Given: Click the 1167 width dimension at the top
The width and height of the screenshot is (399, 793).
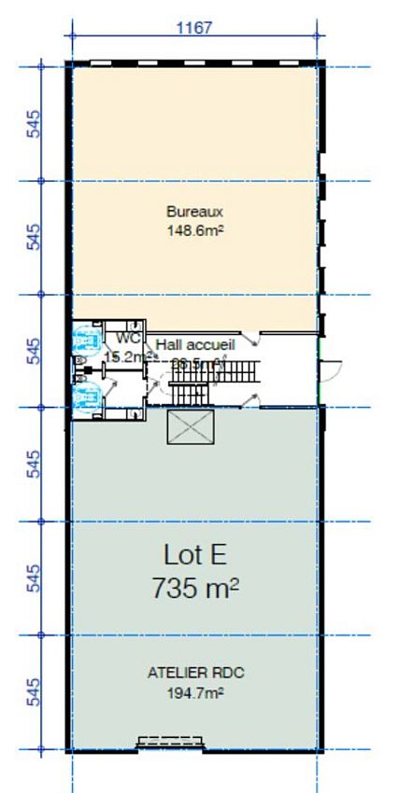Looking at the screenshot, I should pyautogui.click(x=194, y=28).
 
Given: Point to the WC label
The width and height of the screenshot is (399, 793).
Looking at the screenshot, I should pyautogui.click(x=128, y=338).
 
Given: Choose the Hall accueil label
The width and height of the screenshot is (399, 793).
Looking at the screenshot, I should pyautogui.click(x=189, y=344).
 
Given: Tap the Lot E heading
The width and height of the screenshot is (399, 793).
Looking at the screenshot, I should pyautogui.click(x=194, y=556).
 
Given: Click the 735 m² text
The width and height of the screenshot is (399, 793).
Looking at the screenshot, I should pyautogui.click(x=194, y=589).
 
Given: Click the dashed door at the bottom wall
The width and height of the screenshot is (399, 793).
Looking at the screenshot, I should pyautogui.click(x=171, y=743).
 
